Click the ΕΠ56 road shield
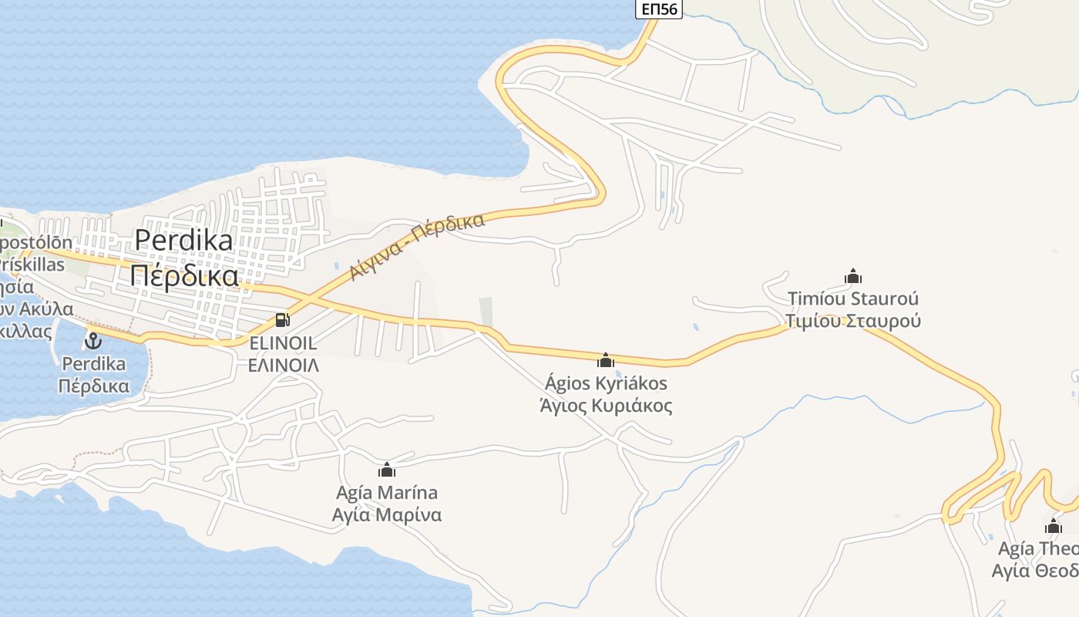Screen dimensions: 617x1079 click(x=658, y=8)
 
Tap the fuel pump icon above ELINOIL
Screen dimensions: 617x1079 click(x=283, y=319)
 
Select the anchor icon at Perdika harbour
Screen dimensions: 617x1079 click(x=93, y=340)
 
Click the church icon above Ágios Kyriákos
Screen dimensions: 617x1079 click(x=606, y=360)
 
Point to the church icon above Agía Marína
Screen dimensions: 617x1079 click(x=387, y=470)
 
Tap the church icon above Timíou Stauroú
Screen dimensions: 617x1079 click(x=853, y=276)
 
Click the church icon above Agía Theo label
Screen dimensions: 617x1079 click(x=1053, y=527)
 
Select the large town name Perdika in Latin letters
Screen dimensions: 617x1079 click(x=183, y=241)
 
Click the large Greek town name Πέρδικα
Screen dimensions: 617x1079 click(x=183, y=275)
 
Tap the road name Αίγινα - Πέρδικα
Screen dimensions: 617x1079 click(x=417, y=246)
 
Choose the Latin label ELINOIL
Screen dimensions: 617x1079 click(x=283, y=343)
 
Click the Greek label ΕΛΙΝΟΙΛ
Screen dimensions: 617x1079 click(x=283, y=365)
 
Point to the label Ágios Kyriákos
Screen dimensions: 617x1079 click(x=606, y=383)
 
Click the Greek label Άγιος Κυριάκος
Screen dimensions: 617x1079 click(x=606, y=406)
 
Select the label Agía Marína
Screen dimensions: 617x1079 click(x=387, y=493)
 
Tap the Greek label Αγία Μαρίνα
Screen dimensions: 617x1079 click(x=387, y=514)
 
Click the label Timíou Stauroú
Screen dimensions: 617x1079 click(x=853, y=298)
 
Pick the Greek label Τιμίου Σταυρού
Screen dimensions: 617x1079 click(x=853, y=321)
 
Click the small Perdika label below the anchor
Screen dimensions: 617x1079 click(x=93, y=363)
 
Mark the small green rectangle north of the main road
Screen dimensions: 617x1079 click(x=486, y=312)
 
